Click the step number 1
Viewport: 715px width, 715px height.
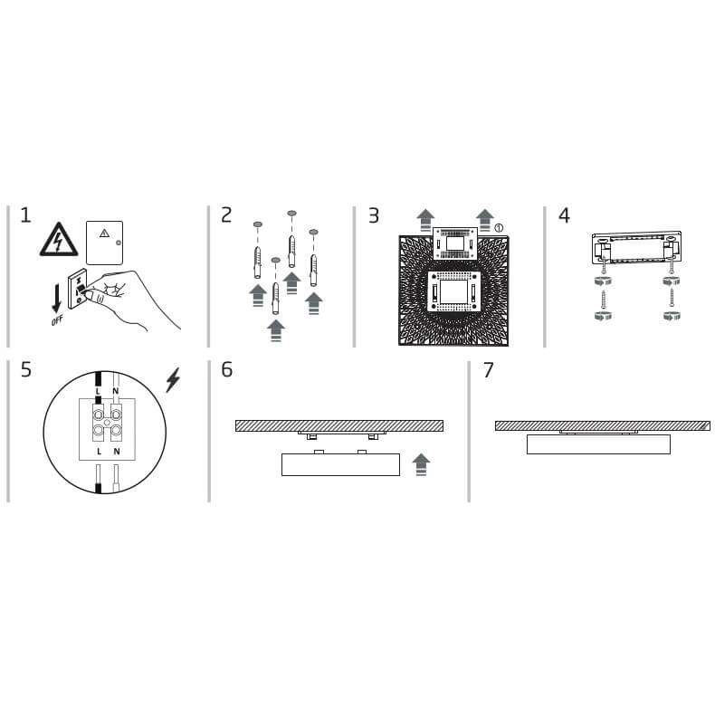point(25,215)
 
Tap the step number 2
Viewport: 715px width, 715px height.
point(226,215)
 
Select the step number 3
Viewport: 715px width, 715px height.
point(374,215)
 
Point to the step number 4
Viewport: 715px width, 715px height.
point(564,215)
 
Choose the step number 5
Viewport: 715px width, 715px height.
point(26,370)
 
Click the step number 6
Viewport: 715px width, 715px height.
point(226,370)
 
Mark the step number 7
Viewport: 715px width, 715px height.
point(489,370)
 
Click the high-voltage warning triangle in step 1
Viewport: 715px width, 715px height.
point(58,240)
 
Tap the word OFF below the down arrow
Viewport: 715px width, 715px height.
point(57,320)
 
